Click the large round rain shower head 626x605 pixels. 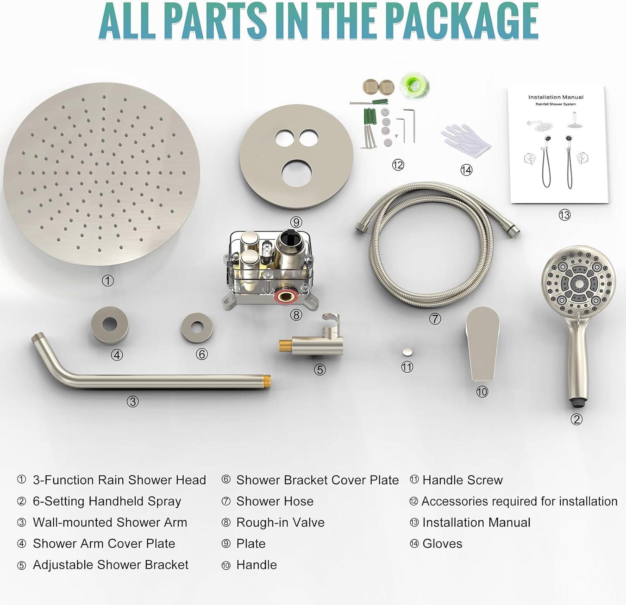(102, 175)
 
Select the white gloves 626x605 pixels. (466, 140)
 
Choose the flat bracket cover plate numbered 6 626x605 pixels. (197, 327)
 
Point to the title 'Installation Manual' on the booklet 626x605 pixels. (555, 97)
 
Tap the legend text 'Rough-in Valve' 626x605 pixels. (280, 522)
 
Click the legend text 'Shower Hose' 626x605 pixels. (275, 501)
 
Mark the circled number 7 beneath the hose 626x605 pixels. (435, 319)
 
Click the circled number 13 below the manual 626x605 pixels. (564, 215)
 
